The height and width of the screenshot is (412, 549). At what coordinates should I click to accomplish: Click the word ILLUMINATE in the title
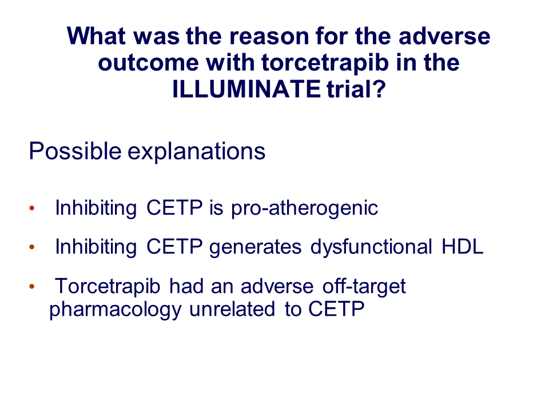tap(246, 89)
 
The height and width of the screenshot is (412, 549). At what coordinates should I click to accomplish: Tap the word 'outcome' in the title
tap(149, 63)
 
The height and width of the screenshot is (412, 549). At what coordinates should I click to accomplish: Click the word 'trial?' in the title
tap(356, 89)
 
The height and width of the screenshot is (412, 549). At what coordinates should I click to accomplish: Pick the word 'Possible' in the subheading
tap(75, 151)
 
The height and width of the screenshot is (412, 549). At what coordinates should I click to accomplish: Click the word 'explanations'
tap(196, 152)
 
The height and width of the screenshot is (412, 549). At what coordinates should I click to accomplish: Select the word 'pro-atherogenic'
tap(305, 208)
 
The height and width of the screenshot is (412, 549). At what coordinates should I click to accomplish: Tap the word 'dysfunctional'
tap(372, 247)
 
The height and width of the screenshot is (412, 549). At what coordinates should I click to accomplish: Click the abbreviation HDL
tap(463, 247)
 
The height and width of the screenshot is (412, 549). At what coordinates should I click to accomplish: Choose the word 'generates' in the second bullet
tap(255, 248)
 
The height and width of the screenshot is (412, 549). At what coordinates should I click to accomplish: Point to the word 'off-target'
tap(364, 287)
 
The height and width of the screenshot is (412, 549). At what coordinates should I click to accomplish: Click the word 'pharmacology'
tap(116, 310)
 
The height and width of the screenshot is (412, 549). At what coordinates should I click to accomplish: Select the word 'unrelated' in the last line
tap(232, 309)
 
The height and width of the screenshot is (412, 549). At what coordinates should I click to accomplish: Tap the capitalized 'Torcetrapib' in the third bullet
tap(108, 287)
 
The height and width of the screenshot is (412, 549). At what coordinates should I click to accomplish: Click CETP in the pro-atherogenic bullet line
tap(174, 208)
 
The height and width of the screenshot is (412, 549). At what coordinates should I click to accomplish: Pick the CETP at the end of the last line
tap(336, 309)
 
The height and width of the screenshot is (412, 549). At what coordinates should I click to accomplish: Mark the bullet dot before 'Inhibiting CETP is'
tap(32, 208)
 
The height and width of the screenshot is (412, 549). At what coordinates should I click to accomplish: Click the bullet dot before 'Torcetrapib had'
tap(32, 287)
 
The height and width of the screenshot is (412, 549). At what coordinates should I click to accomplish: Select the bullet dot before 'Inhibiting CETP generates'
tap(32, 247)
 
